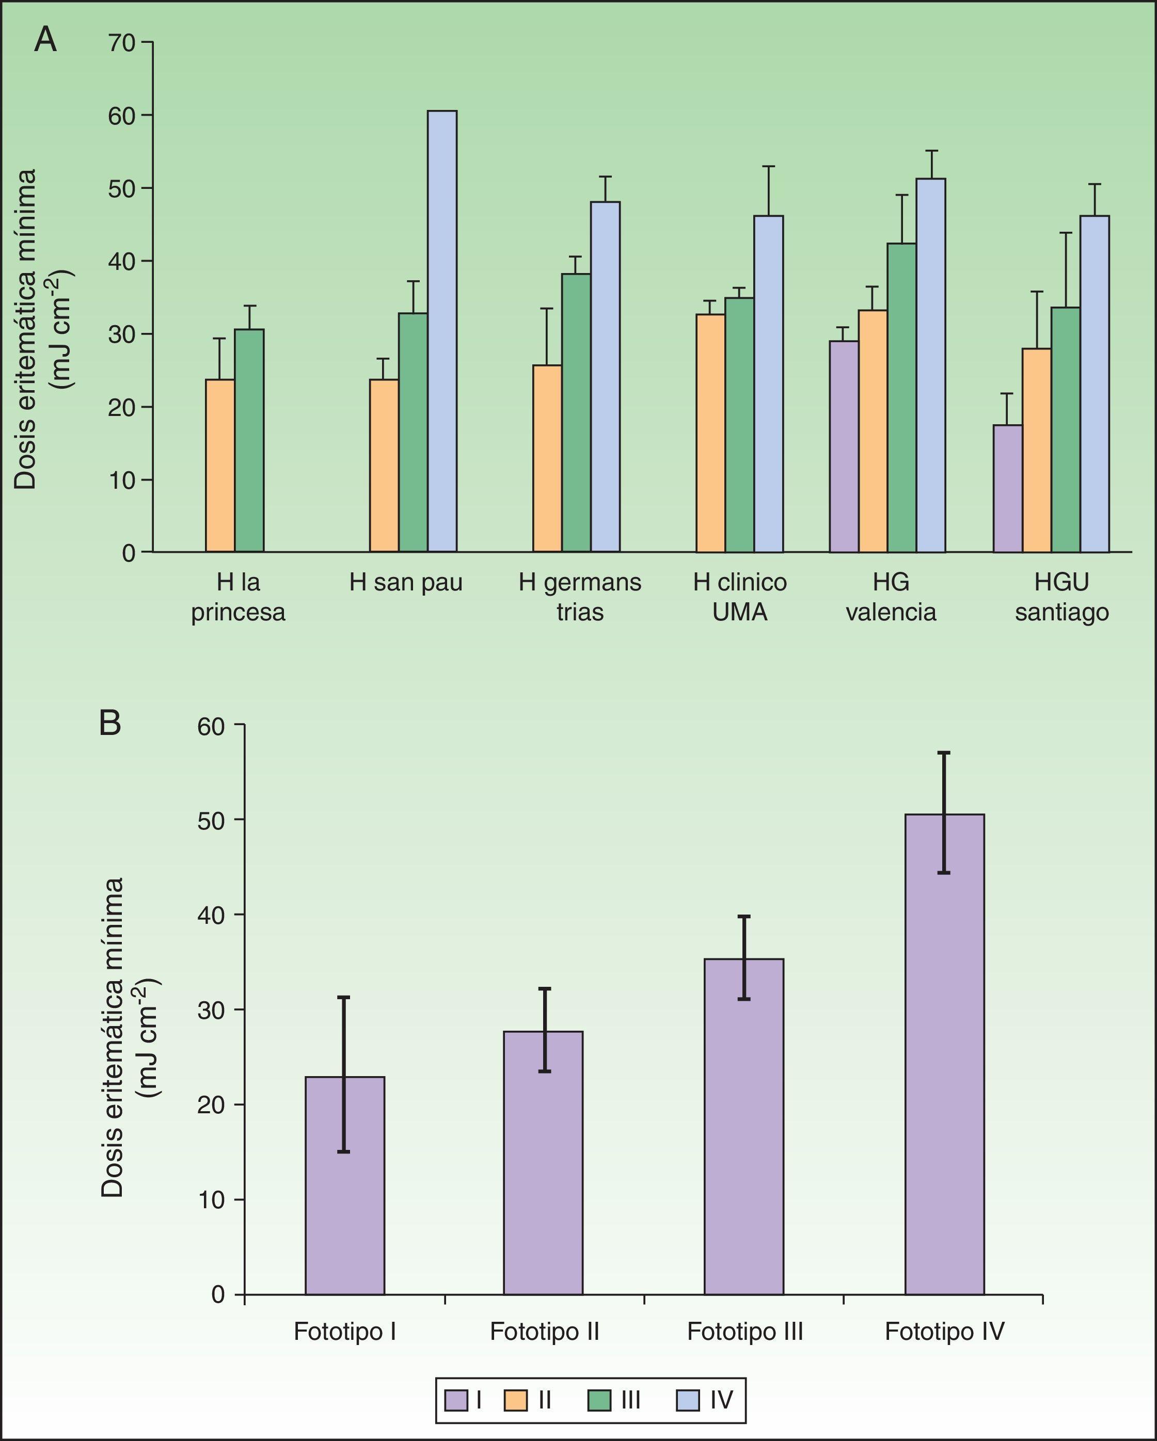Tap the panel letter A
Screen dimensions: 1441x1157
tap(45, 40)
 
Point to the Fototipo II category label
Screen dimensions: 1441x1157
tap(545, 1332)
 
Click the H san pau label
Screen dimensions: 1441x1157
tap(406, 583)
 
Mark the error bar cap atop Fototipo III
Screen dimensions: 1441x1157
tap(744, 916)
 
